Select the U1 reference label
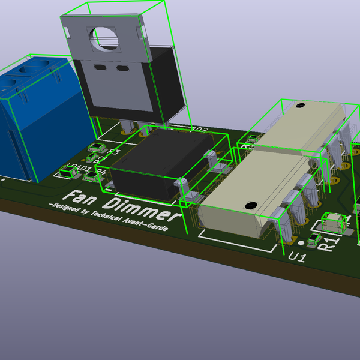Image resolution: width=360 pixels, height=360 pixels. tap(297, 257)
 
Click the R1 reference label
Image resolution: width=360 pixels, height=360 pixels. tap(328, 244)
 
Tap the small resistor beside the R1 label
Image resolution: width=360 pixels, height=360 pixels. tap(313, 241)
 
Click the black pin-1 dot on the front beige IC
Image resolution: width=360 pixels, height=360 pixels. tap(250, 205)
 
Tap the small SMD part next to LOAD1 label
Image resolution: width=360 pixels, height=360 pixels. tap(67, 173)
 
